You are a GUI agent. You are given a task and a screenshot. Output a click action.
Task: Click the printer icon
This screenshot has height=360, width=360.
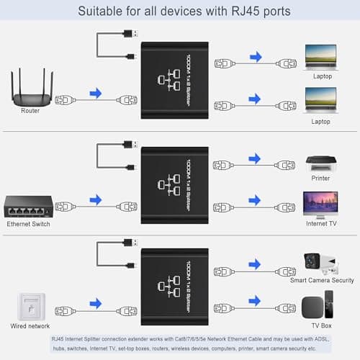pos(320,165)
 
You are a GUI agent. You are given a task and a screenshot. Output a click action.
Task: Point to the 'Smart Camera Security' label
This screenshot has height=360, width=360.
pos(320,280)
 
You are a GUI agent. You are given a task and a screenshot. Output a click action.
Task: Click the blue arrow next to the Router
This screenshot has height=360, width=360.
pos(95,93)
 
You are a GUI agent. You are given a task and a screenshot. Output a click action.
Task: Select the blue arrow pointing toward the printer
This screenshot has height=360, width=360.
pos(254,158)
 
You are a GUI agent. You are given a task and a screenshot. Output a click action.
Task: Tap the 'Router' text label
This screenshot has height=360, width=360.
pos(30,111)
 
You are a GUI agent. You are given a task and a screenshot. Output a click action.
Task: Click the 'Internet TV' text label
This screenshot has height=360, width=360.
pos(320,224)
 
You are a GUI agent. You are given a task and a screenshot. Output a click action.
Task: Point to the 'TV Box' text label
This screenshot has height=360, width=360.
pos(320,325)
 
